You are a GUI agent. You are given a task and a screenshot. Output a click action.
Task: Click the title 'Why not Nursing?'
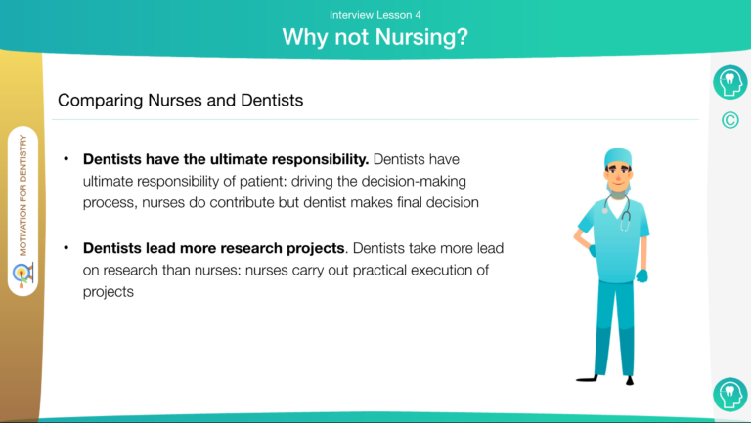coord(375,37)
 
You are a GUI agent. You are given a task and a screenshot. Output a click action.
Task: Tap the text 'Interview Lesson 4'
coord(375,15)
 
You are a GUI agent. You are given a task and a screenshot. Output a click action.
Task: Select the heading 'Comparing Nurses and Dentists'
coord(181,100)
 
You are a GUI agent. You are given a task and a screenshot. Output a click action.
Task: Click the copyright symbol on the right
coord(729,120)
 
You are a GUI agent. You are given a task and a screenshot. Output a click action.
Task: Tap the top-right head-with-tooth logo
coord(729,82)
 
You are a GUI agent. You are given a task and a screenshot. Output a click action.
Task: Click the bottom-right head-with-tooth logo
coord(729,395)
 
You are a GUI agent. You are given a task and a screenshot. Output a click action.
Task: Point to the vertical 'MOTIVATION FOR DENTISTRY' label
coord(23,195)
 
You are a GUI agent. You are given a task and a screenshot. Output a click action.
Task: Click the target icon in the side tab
coord(23,275)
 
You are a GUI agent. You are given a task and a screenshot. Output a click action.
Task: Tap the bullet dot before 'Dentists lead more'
coord(66,248)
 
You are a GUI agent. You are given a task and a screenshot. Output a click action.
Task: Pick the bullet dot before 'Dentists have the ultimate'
coord(66,159)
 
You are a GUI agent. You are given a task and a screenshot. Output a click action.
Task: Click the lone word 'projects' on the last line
coord(109,292)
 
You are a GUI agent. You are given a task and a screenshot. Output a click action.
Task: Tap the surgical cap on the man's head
coord(618,157)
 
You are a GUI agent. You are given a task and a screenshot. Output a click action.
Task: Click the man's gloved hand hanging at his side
coord(641,275)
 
